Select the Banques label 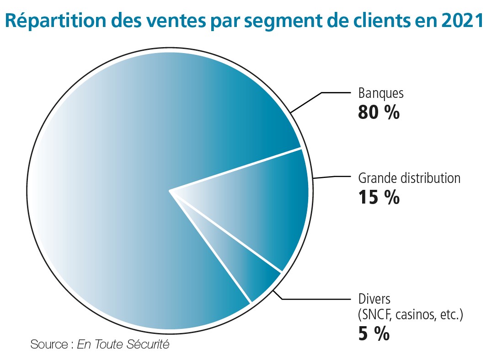pyautogui.click(x=380, y=93)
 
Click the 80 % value pyautogui.click(x=379, y=113)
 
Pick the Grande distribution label pyautogui.click(x=409, y=177)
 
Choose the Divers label pyautogui.click(x=374, y=300)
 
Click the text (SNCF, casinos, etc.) pyautogui.click(x=411, y=315)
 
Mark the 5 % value pyautogui.click(x=374, y=334)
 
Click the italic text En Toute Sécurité pyautogui.click(x=123, y=344)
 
